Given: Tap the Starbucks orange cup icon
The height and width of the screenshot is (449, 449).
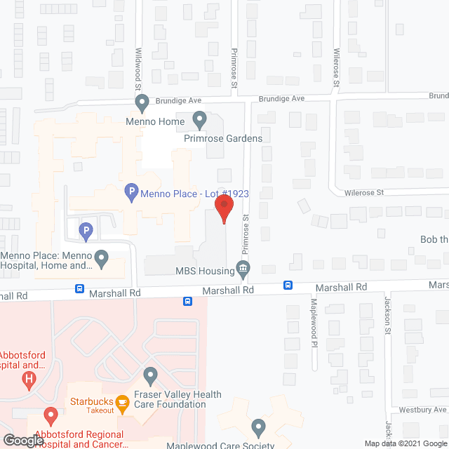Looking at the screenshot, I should click(x=122, y=403).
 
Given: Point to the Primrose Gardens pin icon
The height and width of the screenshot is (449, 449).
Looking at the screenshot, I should click(x=199, y=121).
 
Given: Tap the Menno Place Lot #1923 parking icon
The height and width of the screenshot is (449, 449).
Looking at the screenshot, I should click(x=130, y=192).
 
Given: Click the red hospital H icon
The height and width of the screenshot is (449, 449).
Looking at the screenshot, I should click(x=29, y=381).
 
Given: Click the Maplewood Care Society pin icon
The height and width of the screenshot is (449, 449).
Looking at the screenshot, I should click(x=259, y=427).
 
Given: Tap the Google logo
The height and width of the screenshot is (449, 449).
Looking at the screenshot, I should click(x=22, y=441).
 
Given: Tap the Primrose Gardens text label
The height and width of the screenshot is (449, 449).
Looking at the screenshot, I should click(x=223, y=138).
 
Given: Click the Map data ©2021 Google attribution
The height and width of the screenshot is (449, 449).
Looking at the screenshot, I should click(x=405, y=443).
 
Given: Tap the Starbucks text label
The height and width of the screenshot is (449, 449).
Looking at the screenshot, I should click(x=87, y=402).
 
